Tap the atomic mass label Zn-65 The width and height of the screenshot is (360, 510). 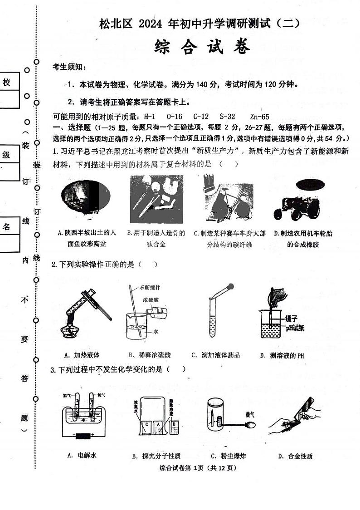coord(259,117)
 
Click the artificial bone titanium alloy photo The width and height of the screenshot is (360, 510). coord(156,200)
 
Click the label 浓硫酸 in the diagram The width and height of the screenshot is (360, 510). coord(151,301)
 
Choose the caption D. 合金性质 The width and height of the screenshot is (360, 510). coord(295,456)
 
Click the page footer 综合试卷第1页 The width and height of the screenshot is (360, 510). coord(198,468)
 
